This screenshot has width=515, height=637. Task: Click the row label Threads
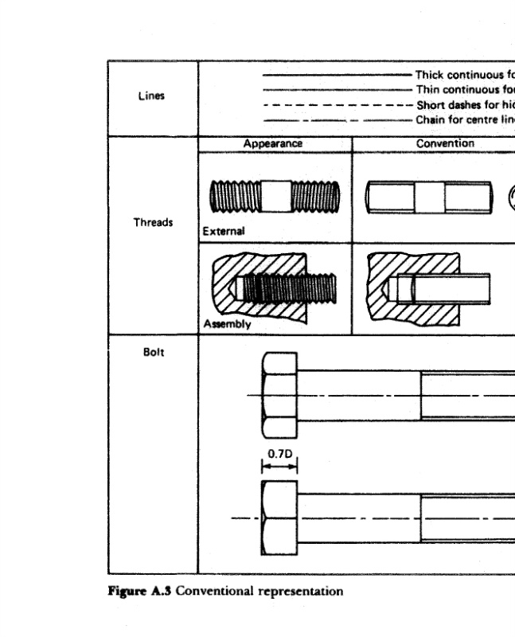[x=152, y=223]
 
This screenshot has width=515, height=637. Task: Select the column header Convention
[x=446, y=144]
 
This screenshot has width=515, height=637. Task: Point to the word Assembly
[x=227, y=325]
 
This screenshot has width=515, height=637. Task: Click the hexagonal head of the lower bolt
[x=279, y=518]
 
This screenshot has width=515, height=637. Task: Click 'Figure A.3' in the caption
[x=139, y=592]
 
